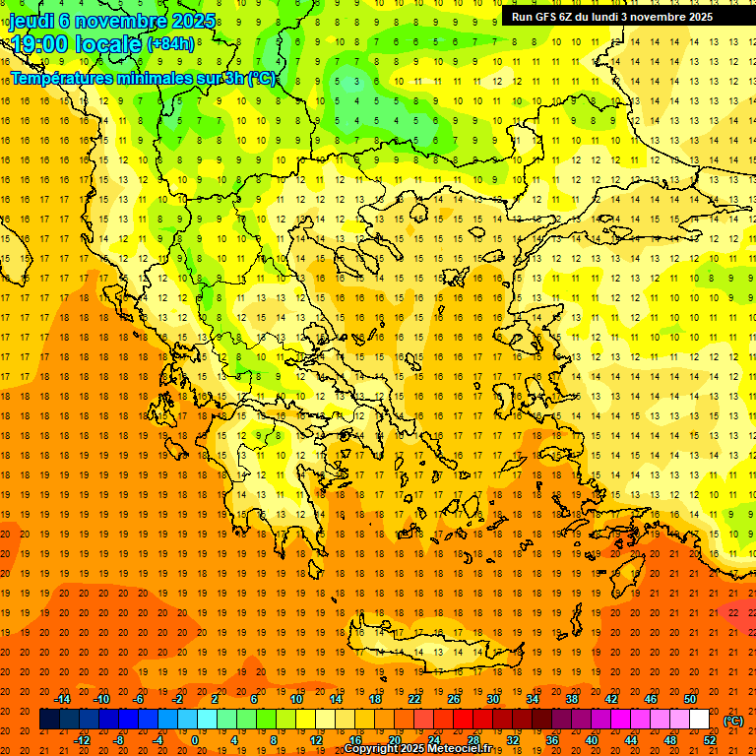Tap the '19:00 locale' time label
pyautogui.click(x=77, y=43)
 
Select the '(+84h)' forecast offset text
pyautogui.click(x=170, y=44)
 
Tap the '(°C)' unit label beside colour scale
pyautogui.click(x=733, y=721)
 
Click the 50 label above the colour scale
pyautogui.click(x=690, y=698)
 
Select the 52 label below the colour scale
pyautogui.click(x=710, y=740)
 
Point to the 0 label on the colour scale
pyautogui.click(x=195, y=740)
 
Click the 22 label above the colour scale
pyautogui.click(x=414, y=698)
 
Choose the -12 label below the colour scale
pyautogui.click(x=83, y=740)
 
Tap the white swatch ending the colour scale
pyautogui.click(x=700, y=720)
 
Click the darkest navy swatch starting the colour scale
pyautogui.click(x=49, y=720)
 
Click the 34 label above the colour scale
pyautogui.click(x=533, y=698)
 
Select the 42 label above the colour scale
pyautogui.click(x=611, y=698)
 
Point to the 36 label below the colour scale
pyautogui.click(x=552, y=740)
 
